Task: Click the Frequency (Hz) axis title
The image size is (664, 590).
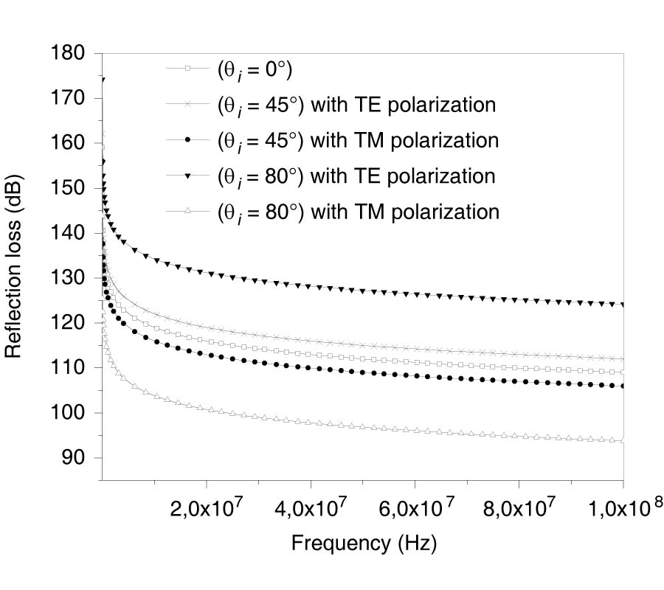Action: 364,544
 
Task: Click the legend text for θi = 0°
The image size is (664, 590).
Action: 255,71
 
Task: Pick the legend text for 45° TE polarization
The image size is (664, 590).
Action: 356,105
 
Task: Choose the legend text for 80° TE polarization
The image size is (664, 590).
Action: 356,176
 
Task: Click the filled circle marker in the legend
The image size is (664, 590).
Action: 188,139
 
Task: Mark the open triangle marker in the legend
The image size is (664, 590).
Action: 188,211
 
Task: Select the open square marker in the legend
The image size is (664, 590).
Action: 188,69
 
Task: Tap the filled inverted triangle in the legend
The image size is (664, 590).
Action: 188,176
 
